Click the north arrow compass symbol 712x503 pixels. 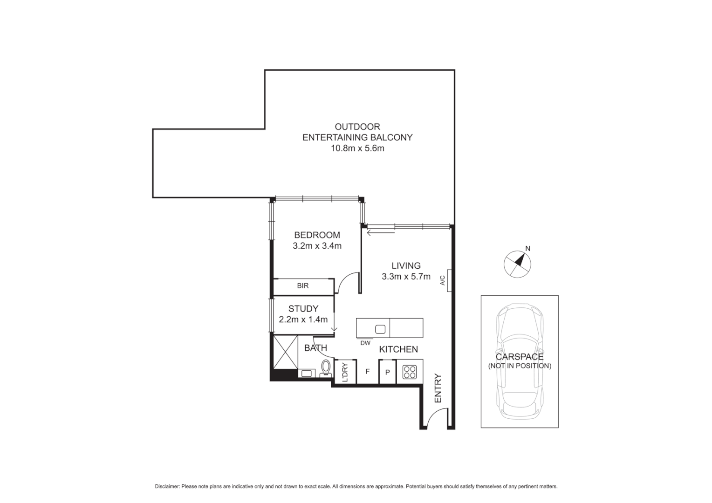point(517,264)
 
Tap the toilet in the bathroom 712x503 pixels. point(326,367)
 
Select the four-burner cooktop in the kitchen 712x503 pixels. point(410,372)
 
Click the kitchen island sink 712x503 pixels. point(380,329)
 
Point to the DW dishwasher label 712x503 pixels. point(365,343)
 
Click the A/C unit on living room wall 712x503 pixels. point(449,280)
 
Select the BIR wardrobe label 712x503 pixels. point(303,286)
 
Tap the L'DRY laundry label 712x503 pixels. point(345,372)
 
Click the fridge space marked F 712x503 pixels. point(368,372)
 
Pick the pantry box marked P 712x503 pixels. point(387,373)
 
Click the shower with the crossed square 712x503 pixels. point(285,352)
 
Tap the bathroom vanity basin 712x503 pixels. point(307,373)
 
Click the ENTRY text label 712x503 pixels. point(438,388)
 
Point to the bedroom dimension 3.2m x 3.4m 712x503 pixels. point(317,246)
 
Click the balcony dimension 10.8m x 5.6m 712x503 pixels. point(357,149)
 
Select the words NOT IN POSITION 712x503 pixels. point(520,366)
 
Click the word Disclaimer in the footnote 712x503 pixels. point(167,487)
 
